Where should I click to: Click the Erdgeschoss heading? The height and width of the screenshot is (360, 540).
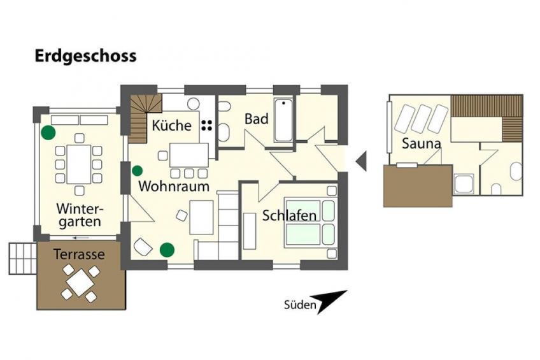85,57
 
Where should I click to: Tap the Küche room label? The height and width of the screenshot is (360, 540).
171,125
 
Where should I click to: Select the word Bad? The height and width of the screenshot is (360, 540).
256,119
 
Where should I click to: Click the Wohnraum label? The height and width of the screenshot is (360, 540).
174,187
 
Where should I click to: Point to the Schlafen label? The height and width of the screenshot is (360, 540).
289,215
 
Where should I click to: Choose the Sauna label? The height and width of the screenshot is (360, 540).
421,143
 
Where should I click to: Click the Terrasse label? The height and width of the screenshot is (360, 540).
79,254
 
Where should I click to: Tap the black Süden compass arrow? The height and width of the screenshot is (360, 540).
328,301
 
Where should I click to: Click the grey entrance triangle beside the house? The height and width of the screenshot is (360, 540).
361,161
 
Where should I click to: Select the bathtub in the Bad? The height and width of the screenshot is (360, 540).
283,120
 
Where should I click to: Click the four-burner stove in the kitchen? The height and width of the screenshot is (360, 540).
206,125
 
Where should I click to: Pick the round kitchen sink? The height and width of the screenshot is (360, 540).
193,104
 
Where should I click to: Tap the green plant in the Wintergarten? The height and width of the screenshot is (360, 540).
48,133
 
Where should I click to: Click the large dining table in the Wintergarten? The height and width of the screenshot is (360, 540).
79,164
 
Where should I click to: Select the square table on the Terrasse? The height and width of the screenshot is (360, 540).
80,282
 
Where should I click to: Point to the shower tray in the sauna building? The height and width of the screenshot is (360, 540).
464,184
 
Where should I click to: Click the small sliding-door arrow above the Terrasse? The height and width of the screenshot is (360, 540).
81,238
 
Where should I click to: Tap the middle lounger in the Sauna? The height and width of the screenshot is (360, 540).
421,119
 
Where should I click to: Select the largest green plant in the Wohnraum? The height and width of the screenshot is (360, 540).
167,250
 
